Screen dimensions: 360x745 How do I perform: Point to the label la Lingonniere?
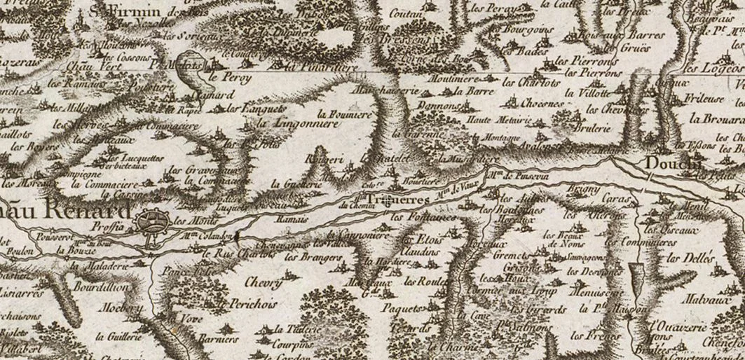[298, 123]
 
